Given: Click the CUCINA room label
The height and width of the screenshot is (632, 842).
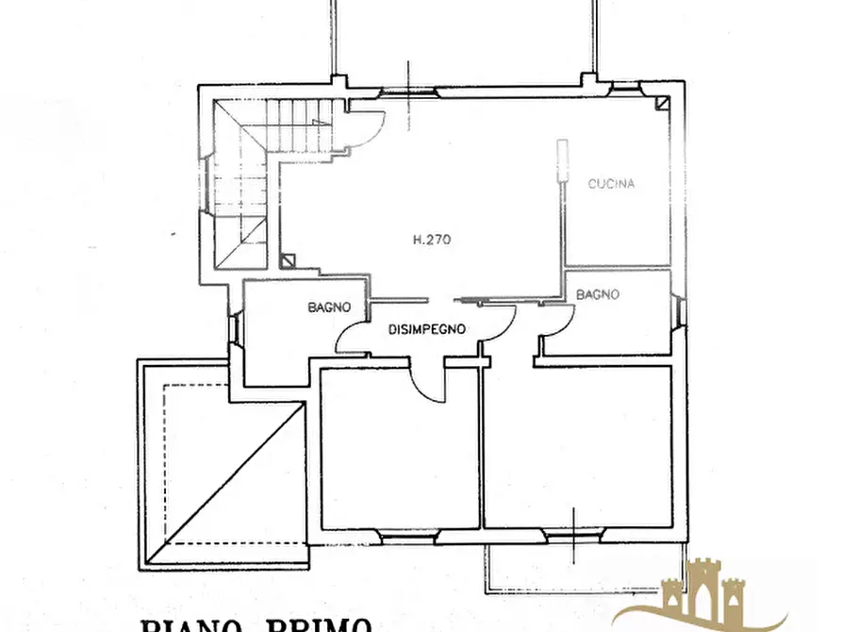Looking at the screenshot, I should [610, 184].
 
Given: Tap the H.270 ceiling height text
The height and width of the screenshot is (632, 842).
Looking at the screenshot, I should [432, 240].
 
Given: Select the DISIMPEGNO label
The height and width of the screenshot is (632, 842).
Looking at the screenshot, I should [427, 330].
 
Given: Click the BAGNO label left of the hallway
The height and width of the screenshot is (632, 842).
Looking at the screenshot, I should [329, 308].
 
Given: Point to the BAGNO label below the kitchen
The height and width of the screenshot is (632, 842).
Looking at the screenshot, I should [598, 294].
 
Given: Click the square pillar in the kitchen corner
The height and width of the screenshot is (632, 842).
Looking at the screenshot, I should [664, 101].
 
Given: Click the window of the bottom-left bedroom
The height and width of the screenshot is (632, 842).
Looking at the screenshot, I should [408, 535].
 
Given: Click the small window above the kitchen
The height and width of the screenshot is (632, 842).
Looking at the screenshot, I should [624, 90].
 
